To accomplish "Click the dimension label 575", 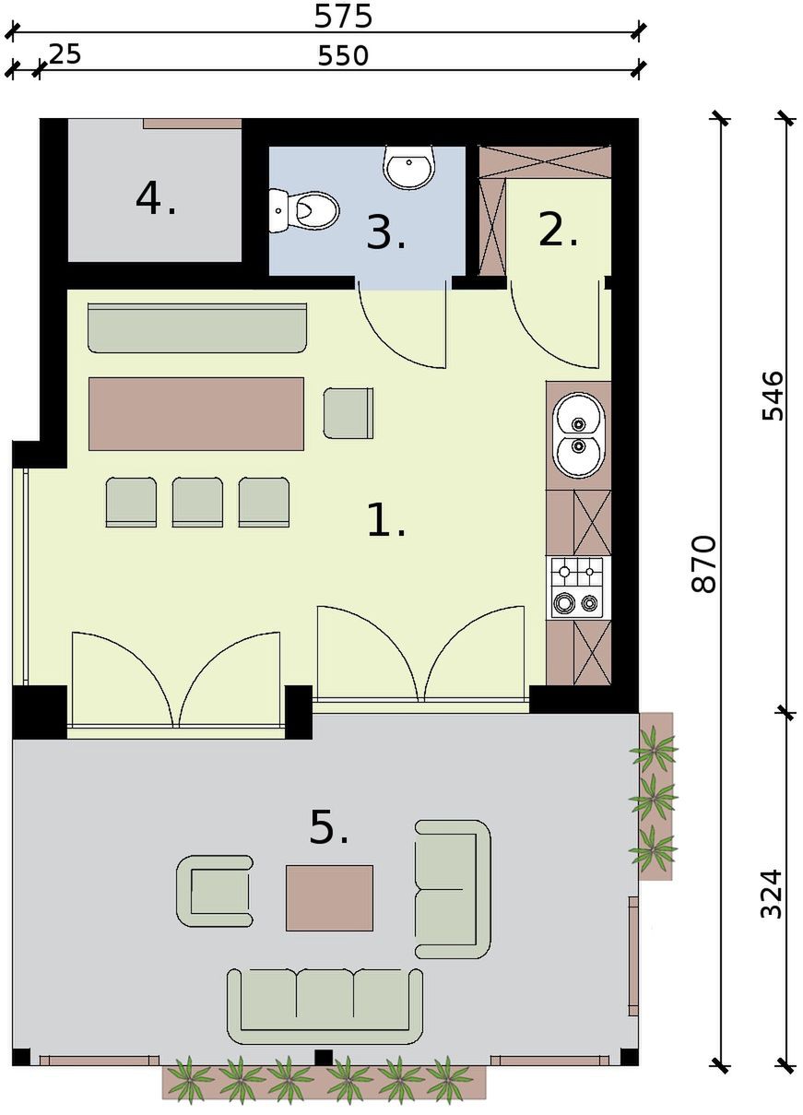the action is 343,16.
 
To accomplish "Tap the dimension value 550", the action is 343,55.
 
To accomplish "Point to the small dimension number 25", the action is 65,53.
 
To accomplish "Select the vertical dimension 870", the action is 703,563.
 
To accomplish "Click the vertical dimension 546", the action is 773,396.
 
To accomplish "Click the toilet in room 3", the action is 304,211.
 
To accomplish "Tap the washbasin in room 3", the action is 410,167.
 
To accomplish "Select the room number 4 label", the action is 156,199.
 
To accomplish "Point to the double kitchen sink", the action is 578,435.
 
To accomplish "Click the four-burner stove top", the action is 578,587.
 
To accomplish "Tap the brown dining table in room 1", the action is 196,414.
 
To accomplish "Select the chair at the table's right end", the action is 348,413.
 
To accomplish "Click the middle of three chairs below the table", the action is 197,502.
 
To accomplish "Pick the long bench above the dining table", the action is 196,328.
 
